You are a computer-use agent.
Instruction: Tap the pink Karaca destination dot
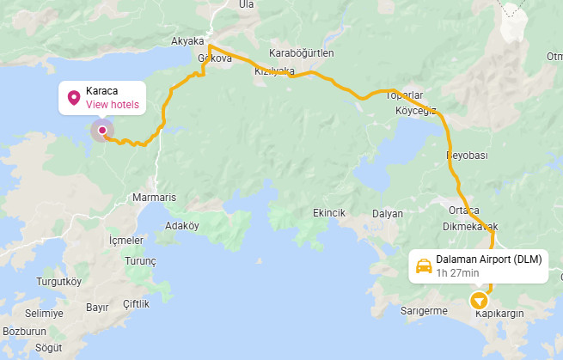coord(102,131)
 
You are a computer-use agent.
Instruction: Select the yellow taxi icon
coord(424,265)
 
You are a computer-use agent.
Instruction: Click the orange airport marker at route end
coord(478,301)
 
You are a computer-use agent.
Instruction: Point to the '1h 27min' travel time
coord(457,273)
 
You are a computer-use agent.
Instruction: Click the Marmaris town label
coord(155,197)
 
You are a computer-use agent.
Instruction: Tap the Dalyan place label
coord(388,213)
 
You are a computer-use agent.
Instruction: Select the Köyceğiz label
coord(416,111)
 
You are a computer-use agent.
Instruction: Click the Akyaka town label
coord(187,40)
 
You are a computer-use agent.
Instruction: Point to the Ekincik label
coord(329,213)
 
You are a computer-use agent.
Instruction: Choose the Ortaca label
coord(464,211)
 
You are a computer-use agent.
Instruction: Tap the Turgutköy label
coord(58,281)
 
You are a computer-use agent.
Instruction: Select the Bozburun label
coord(24,331)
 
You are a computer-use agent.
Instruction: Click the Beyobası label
coord(467,156)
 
